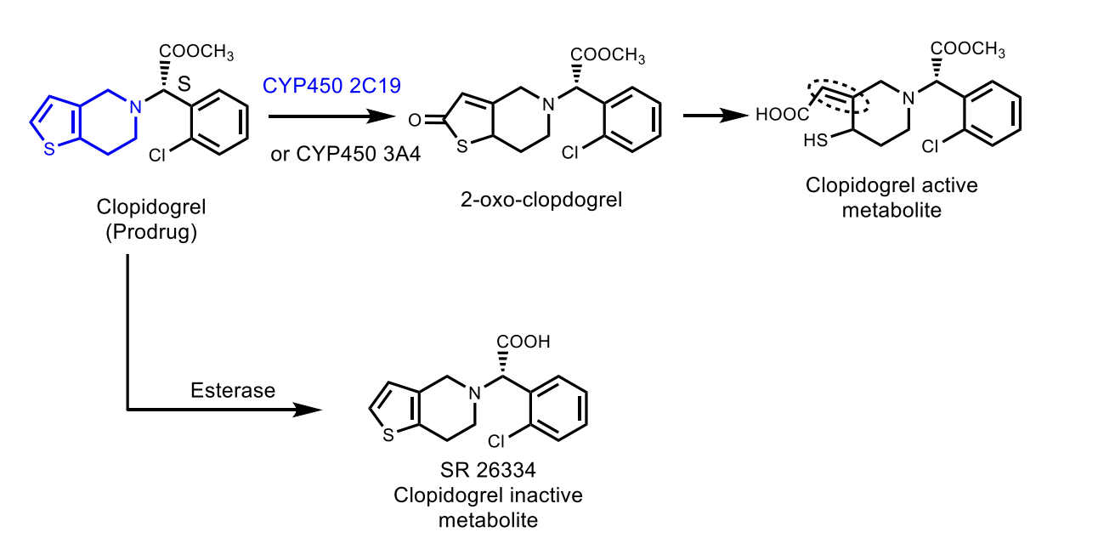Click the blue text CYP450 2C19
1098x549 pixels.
[x=331, y=85]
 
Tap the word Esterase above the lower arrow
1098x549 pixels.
[x=233, y=390]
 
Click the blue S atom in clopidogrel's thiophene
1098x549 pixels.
[x=50, y=150]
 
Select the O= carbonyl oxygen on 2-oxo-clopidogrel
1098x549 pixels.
[x=414, y=121]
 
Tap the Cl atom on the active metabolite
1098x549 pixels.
[x=931, y=147]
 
